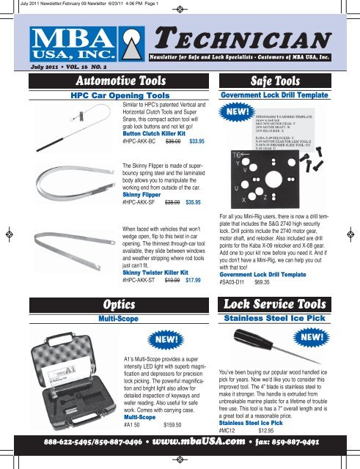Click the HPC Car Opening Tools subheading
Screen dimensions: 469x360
(x=114, y=96)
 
